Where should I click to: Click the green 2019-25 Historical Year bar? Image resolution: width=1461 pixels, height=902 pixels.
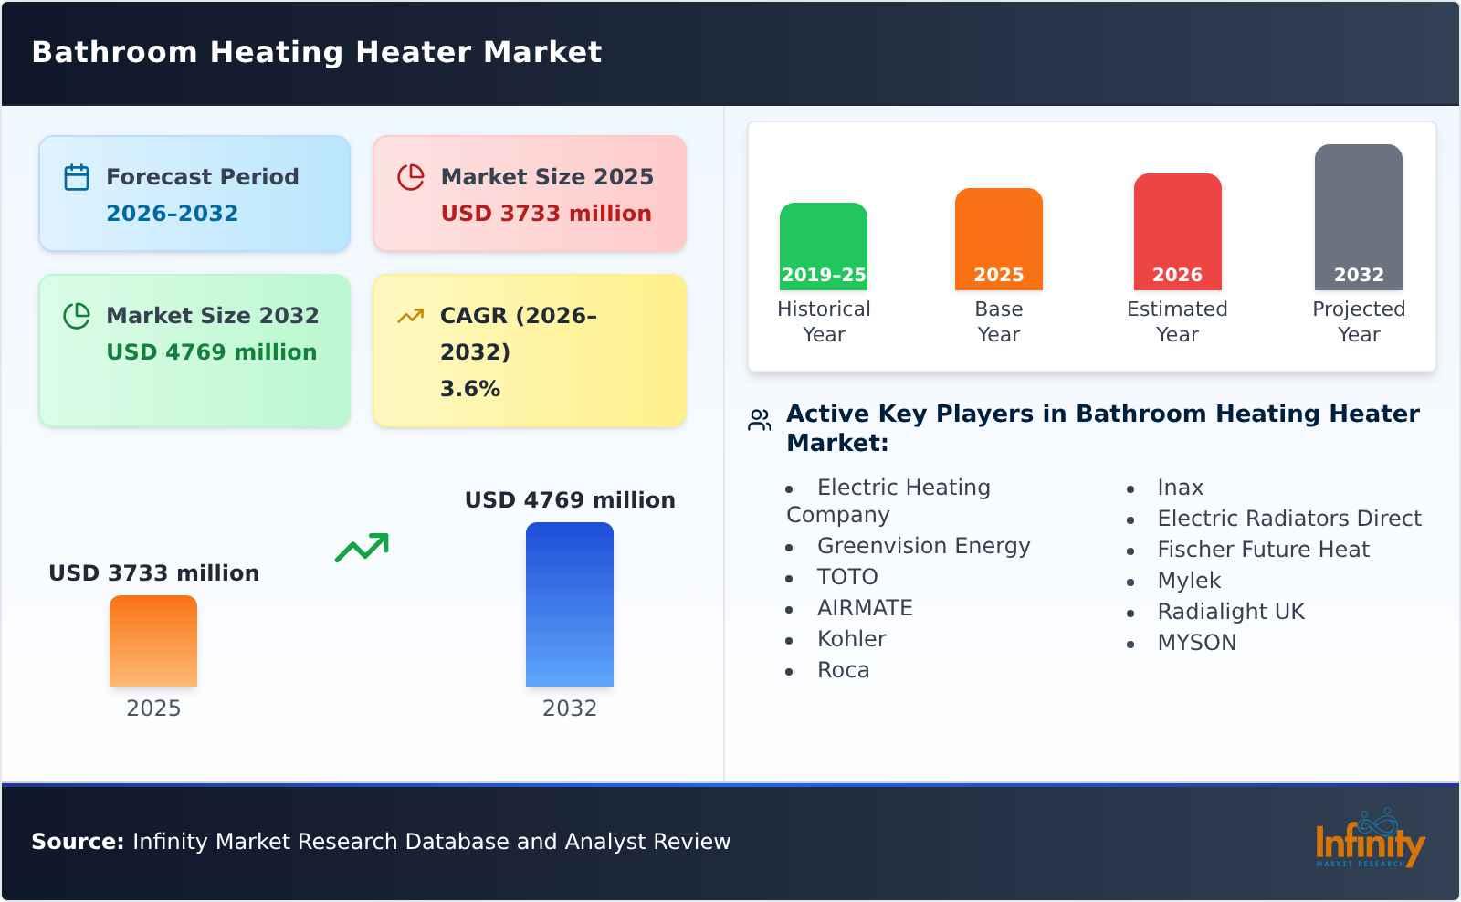(x=823, y=246)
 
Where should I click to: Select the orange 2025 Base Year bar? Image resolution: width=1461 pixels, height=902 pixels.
(x=998, y=239)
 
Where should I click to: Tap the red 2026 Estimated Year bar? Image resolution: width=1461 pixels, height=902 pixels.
(x=1177, y=232)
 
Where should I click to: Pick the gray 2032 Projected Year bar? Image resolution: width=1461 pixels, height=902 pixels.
(x=1358, y=217)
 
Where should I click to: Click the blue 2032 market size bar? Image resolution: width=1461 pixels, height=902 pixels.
(x=569, y=604)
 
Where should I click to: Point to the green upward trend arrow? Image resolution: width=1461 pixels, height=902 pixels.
(x=362, y=548)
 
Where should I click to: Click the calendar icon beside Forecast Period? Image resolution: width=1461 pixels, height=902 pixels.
(x=77, y=177)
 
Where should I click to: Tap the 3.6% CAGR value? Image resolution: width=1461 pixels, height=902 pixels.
(x=470, y=389)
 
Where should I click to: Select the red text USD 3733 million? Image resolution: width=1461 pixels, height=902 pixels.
(x=546, y=214)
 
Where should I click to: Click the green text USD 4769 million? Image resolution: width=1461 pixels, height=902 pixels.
(x=212, y=352)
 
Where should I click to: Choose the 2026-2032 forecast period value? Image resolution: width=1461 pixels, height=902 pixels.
(x=172, y=214)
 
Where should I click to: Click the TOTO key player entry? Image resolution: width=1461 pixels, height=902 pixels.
(x=847, y=577)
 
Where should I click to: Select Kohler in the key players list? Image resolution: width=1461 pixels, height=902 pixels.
(x=851, y=639)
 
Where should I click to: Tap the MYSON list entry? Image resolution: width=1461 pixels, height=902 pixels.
(x=1196, y=643)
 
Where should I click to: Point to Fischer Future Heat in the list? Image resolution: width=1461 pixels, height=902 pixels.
(x=1263, y=550)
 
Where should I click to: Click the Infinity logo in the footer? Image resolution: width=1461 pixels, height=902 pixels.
(x=1369, y=840)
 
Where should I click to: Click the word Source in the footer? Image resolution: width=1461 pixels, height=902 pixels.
(x=77, y=842)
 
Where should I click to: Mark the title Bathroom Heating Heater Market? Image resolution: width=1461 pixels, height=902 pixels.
(x=317, y=52)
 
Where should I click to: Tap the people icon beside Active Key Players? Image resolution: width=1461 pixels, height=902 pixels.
(x=759, y=420)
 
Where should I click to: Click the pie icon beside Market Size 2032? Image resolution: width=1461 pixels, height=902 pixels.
(x=77, y=316)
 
